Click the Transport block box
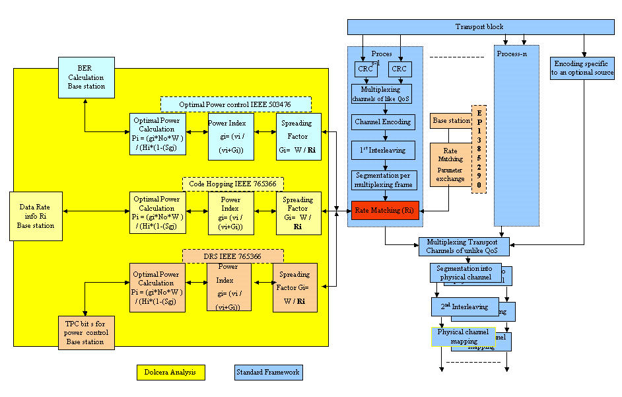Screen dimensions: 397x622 tap(479, 27)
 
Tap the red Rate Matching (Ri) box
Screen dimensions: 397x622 tap(385, 210)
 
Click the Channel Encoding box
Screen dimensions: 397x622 tap(383, 122)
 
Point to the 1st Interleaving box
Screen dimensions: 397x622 tap(383, 150)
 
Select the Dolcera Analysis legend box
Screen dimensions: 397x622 tap(170, 373)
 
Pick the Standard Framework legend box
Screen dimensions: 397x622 tap(267, 373)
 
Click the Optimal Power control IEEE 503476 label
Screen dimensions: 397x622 tap(236, 104)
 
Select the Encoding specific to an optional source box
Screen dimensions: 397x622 tap(582, 68)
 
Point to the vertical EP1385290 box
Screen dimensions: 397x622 tap(479, 149)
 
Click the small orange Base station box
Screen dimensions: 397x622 tap(450, 121)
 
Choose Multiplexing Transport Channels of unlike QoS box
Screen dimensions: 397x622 tap(464, 247)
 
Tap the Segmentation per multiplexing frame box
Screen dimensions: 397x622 tap(384, 178)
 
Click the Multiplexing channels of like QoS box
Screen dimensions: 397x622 tap(381, 93)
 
